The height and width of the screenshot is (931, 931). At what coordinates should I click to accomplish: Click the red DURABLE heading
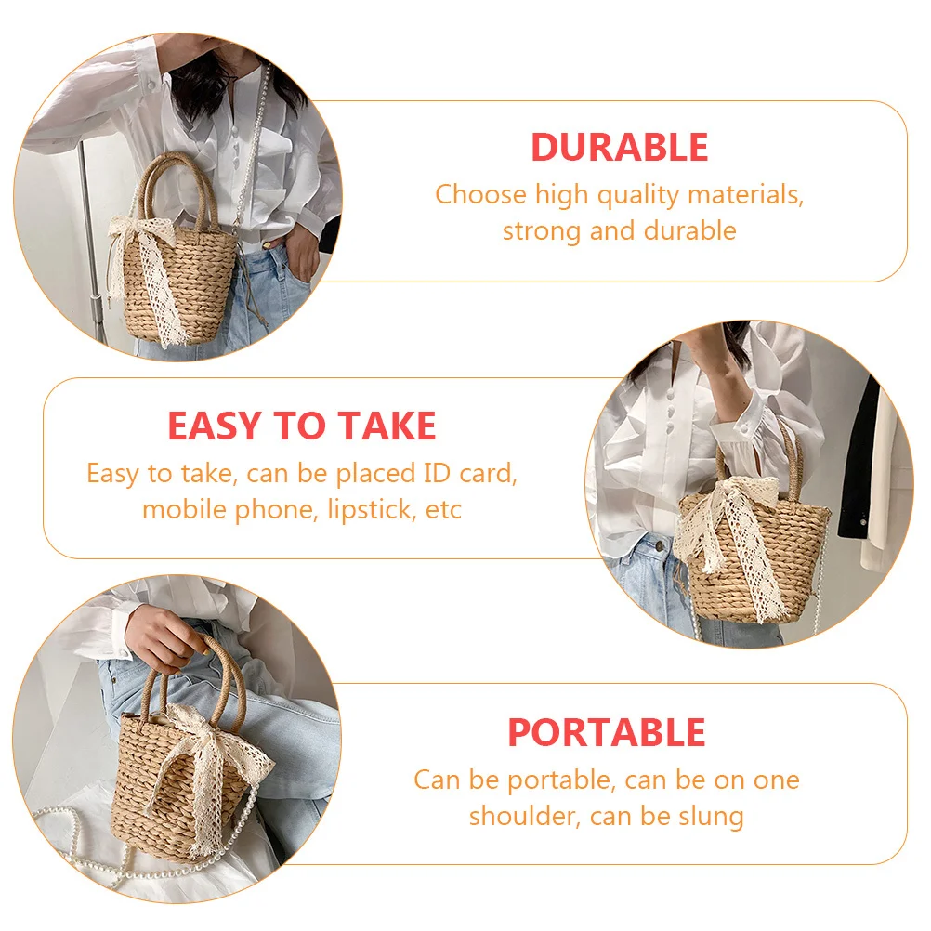(x=619, y=148)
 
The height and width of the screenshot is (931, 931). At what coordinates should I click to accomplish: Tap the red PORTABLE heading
(x=606, y=733)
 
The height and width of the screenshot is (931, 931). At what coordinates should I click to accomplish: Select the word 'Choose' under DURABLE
(x=480, y=195)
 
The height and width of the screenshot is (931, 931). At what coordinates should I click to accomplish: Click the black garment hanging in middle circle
(x=859, y=465)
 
